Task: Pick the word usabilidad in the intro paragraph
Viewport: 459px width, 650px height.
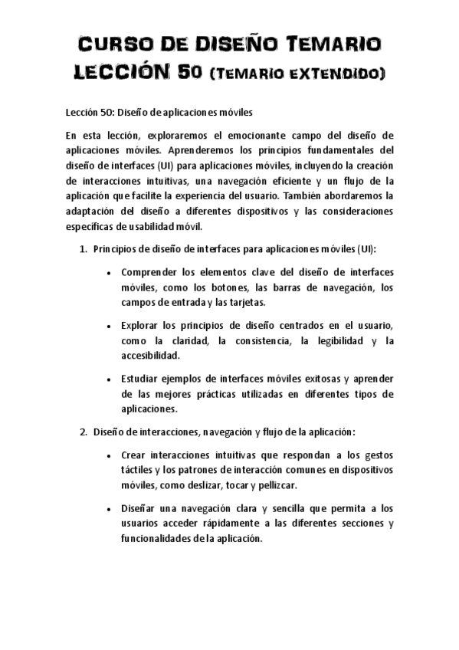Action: [x=161, y=226]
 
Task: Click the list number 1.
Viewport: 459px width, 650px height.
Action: [x=83, y=250]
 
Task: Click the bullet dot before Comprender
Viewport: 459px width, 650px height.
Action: [x=113, y=273]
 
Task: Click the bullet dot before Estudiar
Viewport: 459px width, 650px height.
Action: [x=113, y=379]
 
